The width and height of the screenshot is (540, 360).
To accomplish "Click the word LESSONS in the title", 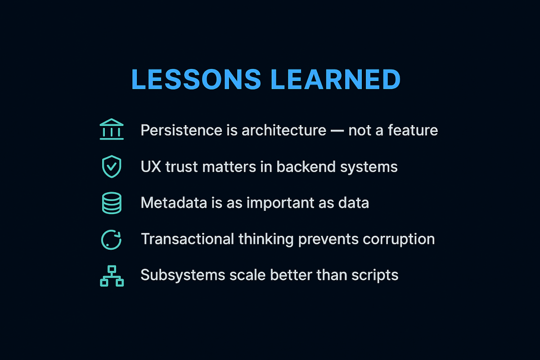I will pyautogui.click(x=196, y=79).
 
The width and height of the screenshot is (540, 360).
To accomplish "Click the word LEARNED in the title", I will pyautogui.click(x=335, y=79).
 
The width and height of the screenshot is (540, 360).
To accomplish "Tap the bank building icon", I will pyautogui.click(x=111, y=130).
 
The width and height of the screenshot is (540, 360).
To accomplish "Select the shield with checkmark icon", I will pyautogui.click(x=111, y=166).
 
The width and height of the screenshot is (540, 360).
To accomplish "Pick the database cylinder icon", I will pyautogui.click(x=111, y=203).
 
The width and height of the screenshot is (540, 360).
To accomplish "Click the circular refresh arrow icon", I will pyautogui.click(x=111, y=239).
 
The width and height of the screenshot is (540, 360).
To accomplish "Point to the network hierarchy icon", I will pyautogui.click(x=111, y=275).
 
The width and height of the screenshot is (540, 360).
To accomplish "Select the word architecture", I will pyautogui.click(x=283, y=130).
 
